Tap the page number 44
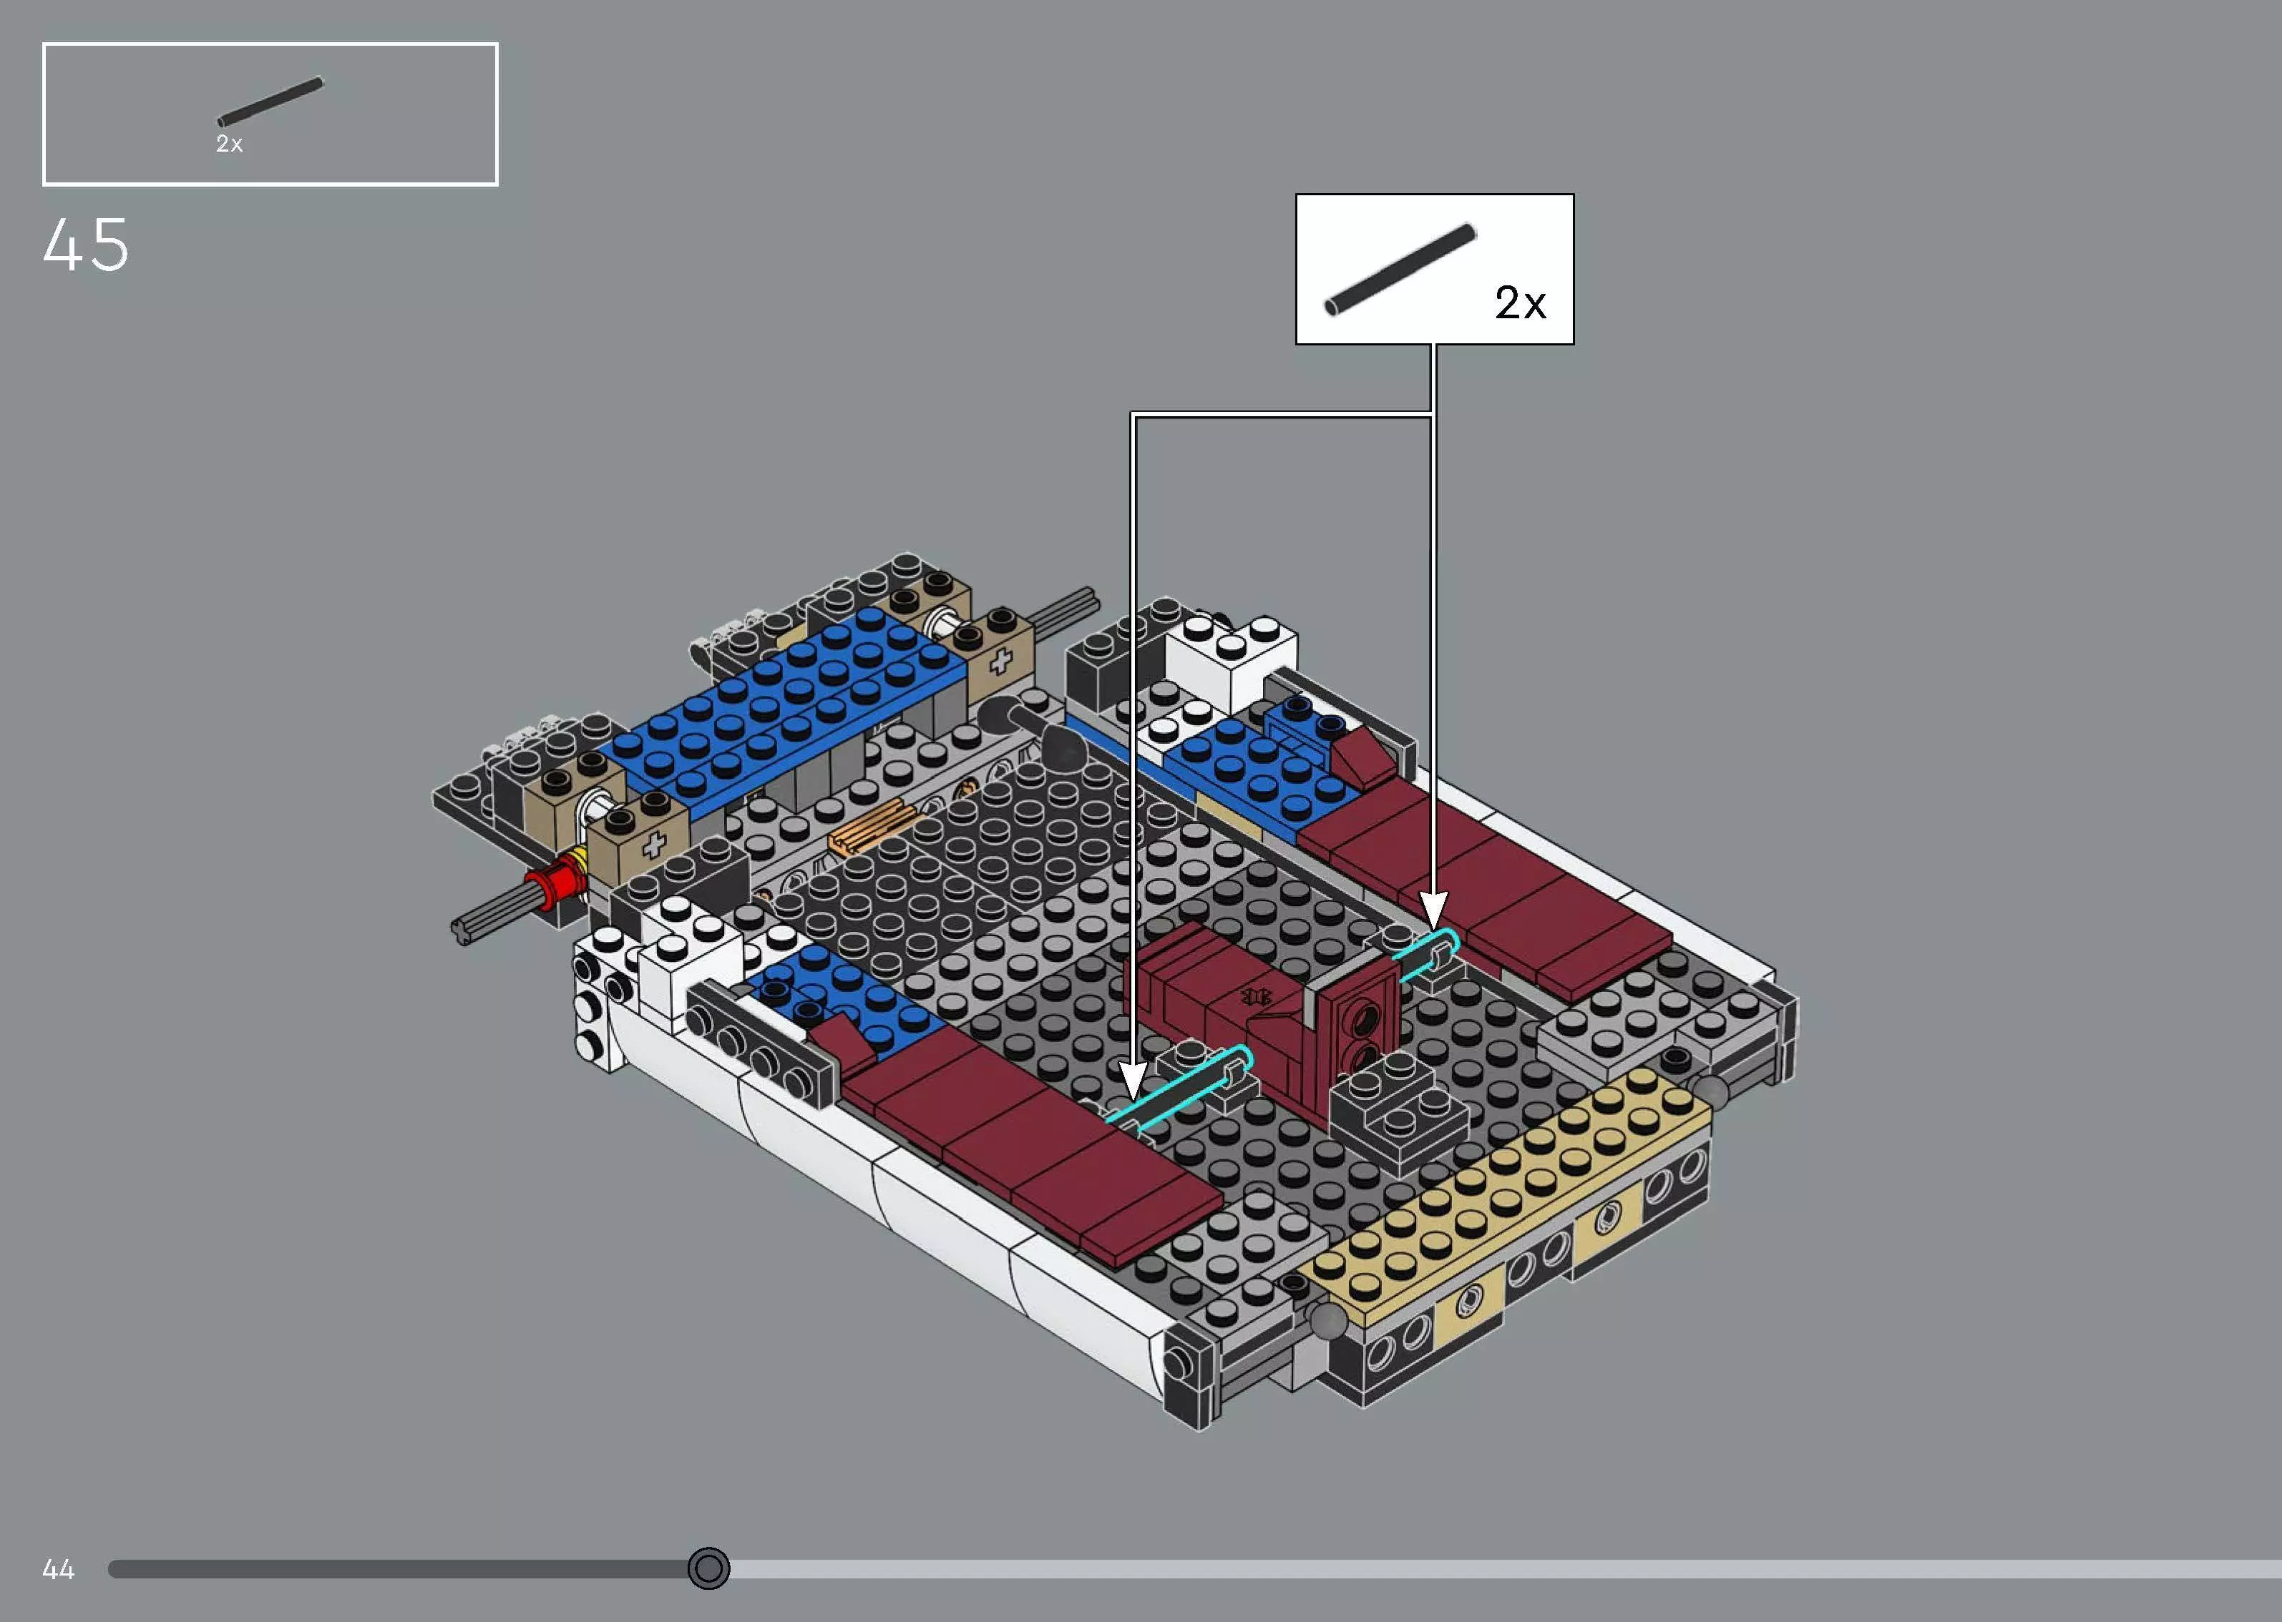pyautogui.click(x=58, y=1569)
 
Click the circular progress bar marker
pyautogui.click(x=708, y=1568)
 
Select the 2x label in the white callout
pyautogui.click(x=1520, y=303)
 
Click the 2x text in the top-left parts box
pyautogui.click(x=229, y=144)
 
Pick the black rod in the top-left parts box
pyautogui.click(x=270, y=102)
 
